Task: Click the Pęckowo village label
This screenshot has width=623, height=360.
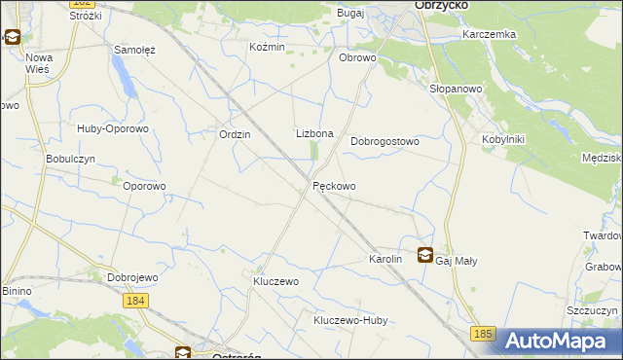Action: tap(334, 186)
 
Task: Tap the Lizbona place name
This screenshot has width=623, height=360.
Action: tap(314, 133)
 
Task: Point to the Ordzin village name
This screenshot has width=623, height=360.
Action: tap(236, 135)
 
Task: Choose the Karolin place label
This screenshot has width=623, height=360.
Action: tap(385, 261)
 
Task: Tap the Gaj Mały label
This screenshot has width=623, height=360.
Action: tap(457, 261)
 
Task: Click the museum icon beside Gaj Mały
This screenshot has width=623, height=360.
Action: tap(425, 256)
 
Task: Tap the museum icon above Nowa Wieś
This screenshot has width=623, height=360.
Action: tap(13, 38)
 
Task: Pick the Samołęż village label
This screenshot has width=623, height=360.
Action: tap(134, 50)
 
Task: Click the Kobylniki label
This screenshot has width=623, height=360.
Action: tap(503, 139)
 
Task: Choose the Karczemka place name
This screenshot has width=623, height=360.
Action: tap(490, 34)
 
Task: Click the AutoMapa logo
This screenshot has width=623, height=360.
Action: tap(562, 341)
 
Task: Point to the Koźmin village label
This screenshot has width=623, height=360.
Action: tap(267, 48)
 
